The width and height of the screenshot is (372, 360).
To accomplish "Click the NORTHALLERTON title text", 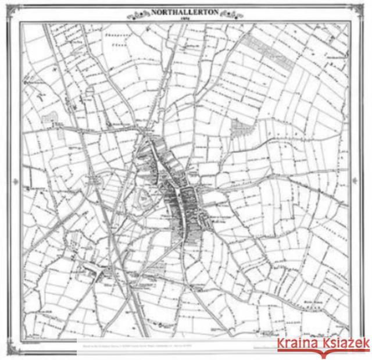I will (185, 10).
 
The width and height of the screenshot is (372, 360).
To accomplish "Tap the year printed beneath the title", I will (185, 17).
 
